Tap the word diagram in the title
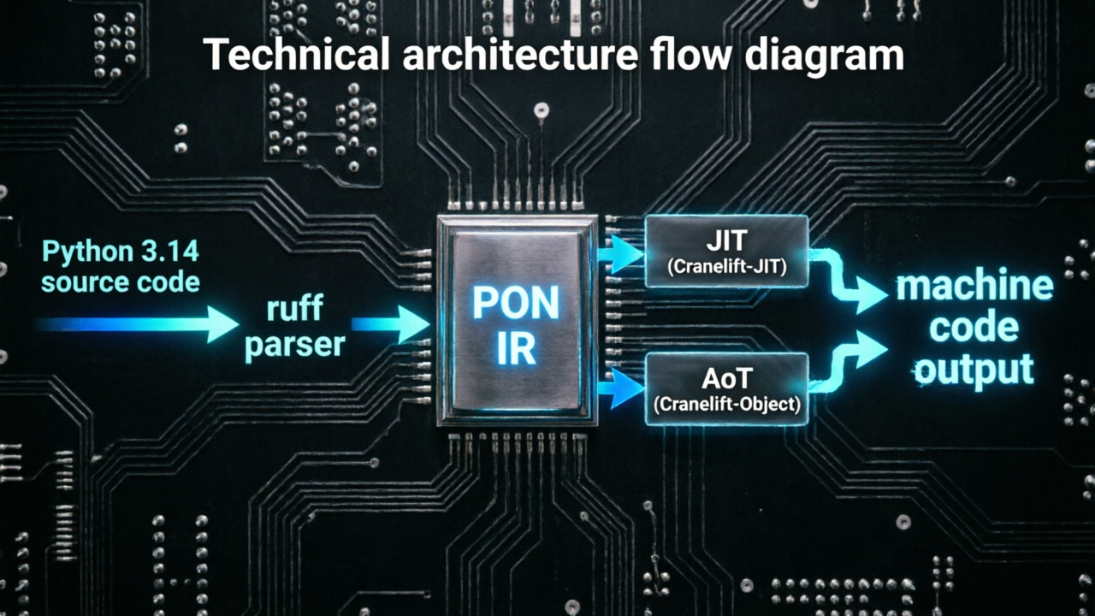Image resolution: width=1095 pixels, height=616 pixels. (824, 56)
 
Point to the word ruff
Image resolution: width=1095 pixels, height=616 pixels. (295, 308)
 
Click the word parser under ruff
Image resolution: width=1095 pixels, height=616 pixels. (295, 345)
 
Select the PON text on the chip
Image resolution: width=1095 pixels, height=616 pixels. (516, 303)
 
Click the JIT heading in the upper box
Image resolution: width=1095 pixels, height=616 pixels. (726, 240)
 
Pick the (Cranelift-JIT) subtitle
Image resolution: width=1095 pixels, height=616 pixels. (726, 267)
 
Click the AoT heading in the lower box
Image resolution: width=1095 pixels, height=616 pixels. (726, 378)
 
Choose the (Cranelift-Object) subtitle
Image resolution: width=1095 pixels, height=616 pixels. (726, 405)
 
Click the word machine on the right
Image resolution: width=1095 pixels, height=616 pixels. (974, 286)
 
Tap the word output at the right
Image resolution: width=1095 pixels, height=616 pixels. (974, 370)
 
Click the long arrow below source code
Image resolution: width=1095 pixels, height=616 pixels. (137, 324)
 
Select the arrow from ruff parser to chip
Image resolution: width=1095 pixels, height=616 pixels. (390, 324)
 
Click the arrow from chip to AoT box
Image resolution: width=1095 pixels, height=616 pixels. (621, 388)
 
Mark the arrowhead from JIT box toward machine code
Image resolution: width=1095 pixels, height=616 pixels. (873, 295)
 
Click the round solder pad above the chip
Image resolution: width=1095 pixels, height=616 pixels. (542, 110)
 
